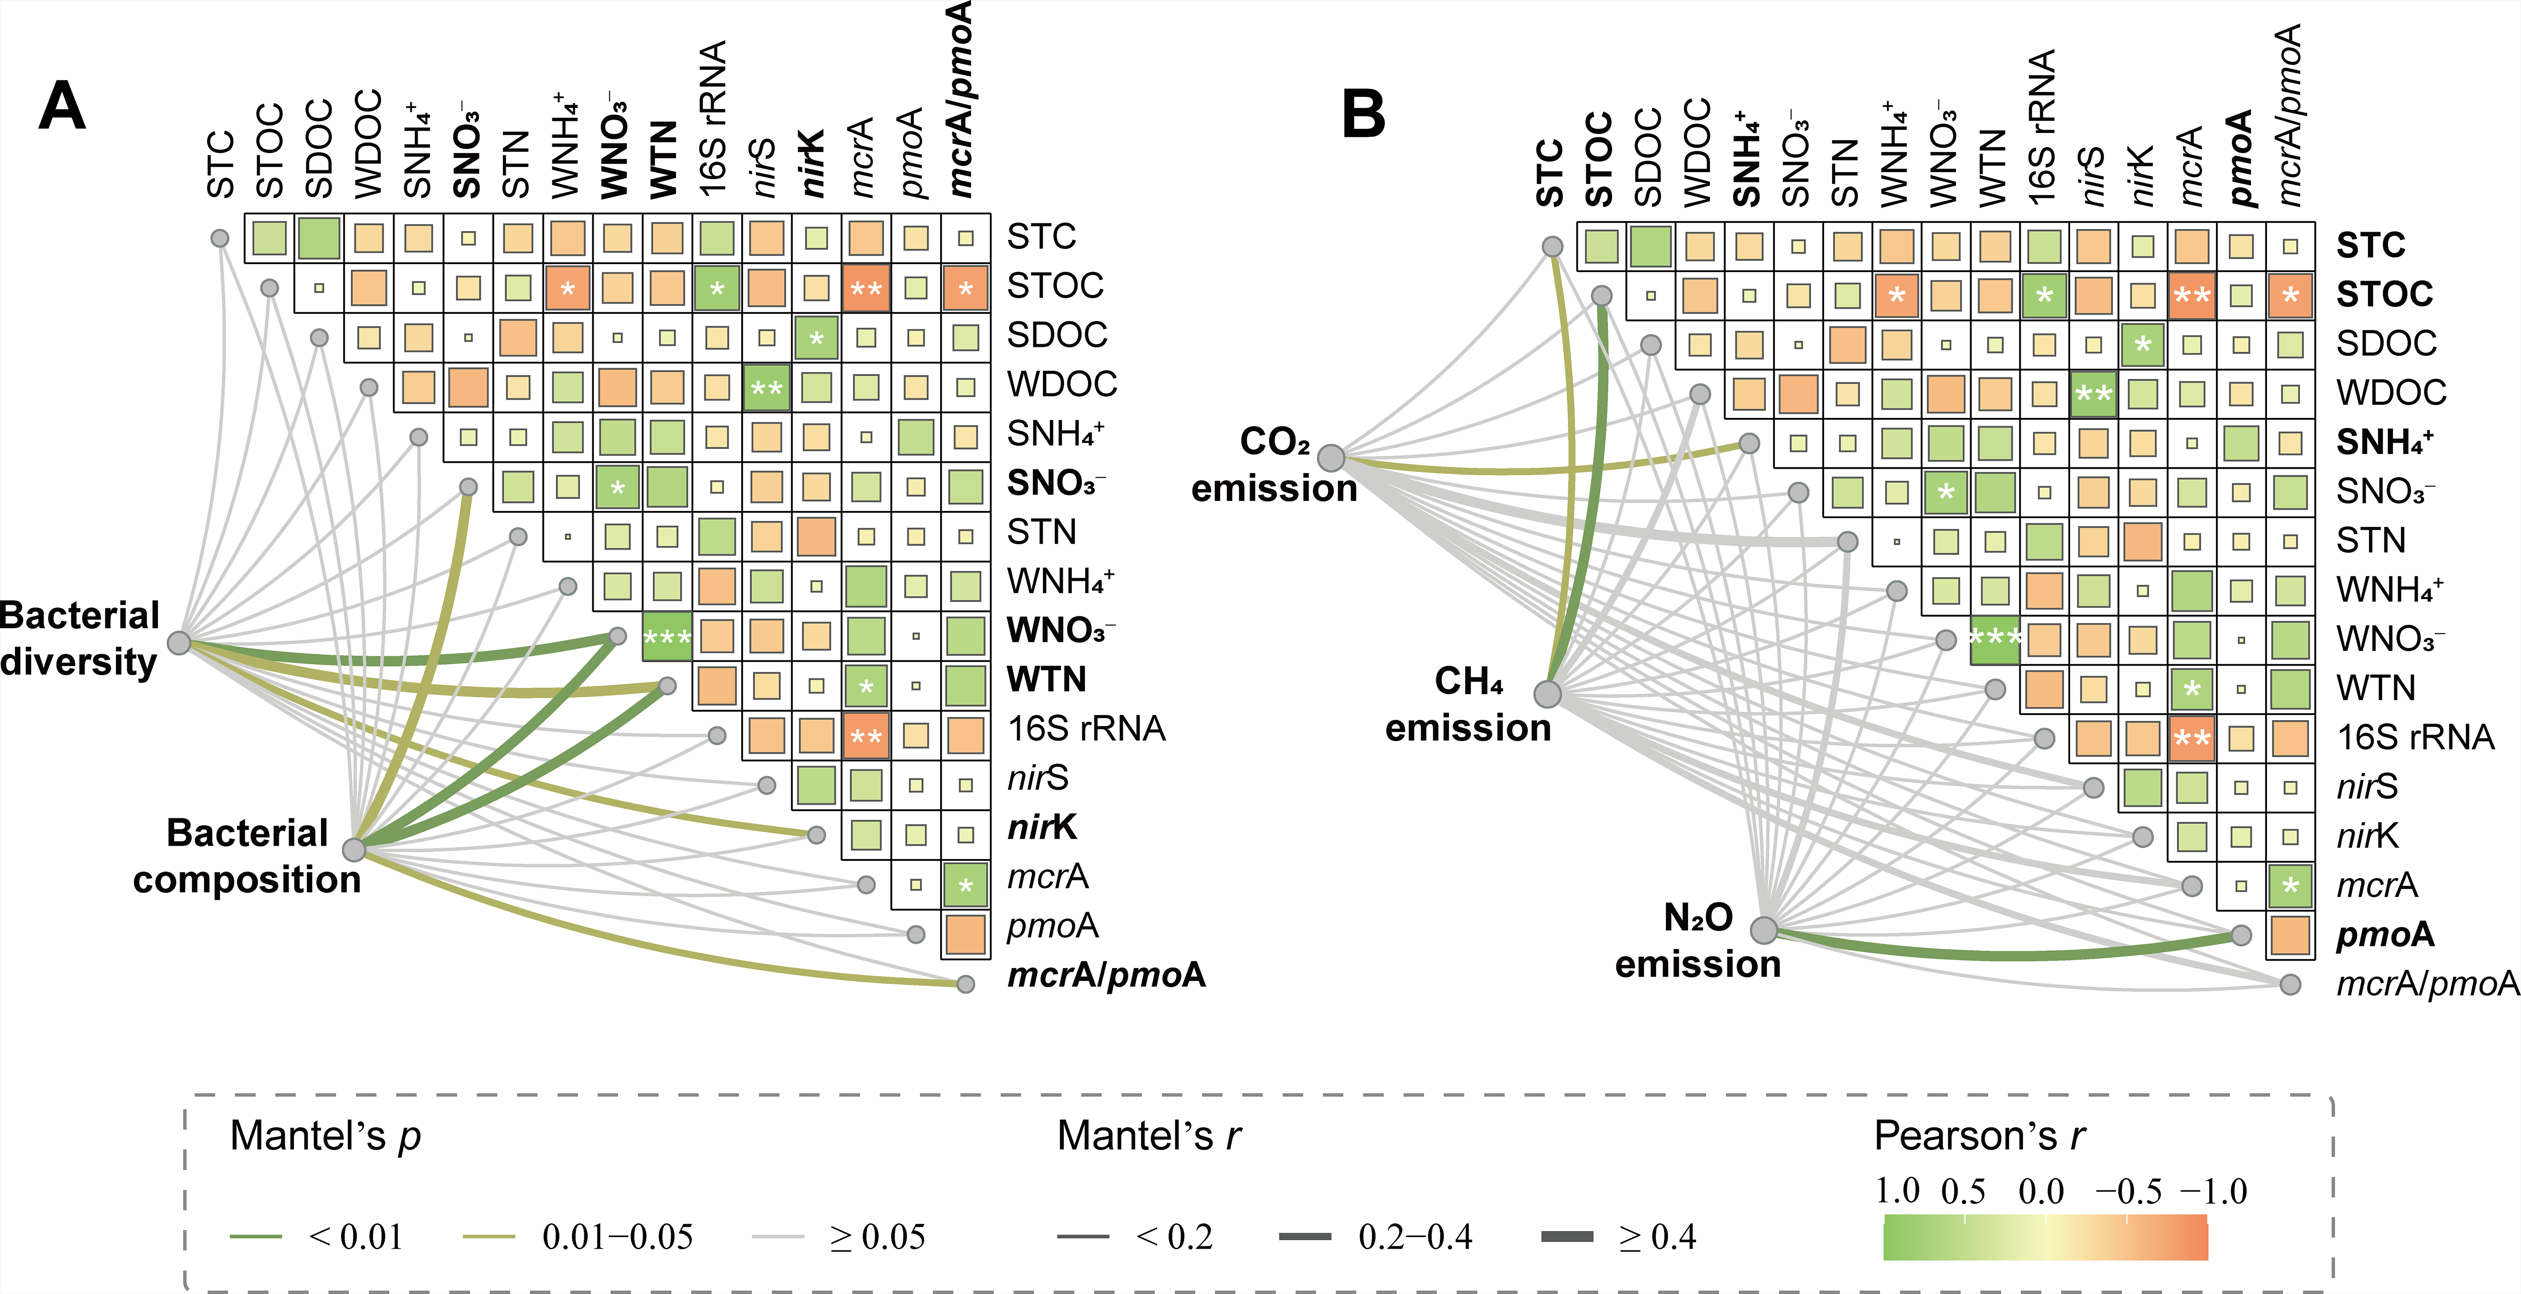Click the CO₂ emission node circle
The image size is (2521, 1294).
[1331, 457]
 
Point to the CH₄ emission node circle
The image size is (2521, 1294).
[1547, 694]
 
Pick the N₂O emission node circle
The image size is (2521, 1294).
[1764, 930]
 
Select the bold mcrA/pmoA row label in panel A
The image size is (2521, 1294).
[1106, 975]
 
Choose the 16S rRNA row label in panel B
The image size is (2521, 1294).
[2415, 737]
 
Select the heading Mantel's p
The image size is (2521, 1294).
[325, 1135]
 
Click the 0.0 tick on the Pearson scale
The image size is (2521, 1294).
[2042, 1191]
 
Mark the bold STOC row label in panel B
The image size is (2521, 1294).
[2384, 293]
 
